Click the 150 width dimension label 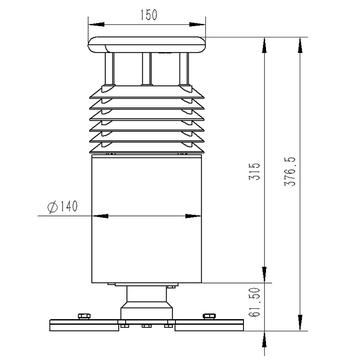coord(149,15)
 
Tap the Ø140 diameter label coord(63,207)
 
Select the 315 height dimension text coord(255,171)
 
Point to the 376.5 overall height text coord(290,171)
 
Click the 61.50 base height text coord(255,302)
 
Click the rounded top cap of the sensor coord(147,45)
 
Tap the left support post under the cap coord(109,69)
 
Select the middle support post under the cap coord(147,69)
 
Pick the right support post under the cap coord(184,69)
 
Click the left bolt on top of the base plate coord(84,316)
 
